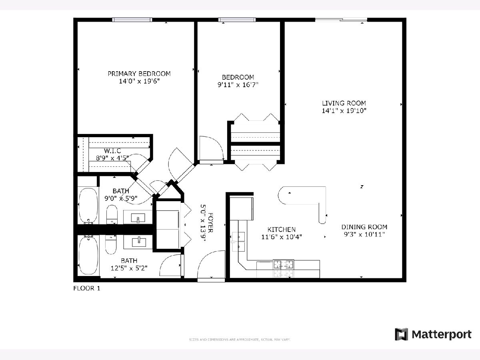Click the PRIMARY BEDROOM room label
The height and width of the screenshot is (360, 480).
tap(139, 74)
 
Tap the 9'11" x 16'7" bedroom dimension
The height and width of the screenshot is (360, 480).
tap(238, 85)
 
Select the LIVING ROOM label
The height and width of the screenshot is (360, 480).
tap(344, 103)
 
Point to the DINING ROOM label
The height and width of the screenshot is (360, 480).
tap(364, 227)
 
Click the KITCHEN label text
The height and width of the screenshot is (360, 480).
tap(282, 229)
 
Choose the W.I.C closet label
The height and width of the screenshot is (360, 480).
tap(112, 150)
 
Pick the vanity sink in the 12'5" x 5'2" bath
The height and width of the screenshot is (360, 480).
tap(138, 242)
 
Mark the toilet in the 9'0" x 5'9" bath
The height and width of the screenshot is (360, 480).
tap(112, 215)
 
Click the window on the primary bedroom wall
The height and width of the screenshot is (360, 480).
tap(132, 20)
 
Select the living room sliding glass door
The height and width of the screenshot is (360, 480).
tap(341, 20)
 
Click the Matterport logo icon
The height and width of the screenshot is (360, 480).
tap(401, 334)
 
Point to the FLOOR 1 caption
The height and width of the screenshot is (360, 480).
tap(86, 288)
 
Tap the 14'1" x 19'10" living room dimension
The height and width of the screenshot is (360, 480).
tap(344, 111)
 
